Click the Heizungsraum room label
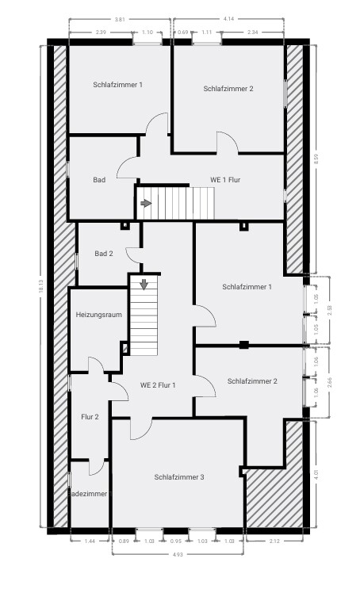[x=98, y=315]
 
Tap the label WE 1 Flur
[x=224, y=180]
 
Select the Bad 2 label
[x=104, y=254]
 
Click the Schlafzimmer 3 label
[x=179, y=476]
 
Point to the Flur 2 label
[x=90, y=416]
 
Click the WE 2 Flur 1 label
[x=158, y=385]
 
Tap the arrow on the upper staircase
[x=146, y=203]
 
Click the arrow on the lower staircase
[x=144, y=285]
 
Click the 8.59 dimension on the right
[x=316, y=159]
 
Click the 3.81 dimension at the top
[x=119, y=18]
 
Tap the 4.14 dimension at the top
[x=228, y=18]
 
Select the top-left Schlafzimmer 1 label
[x=117, y=84]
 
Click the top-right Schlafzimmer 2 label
[x=228, y=88]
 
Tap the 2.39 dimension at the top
[x=101, y=32]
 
